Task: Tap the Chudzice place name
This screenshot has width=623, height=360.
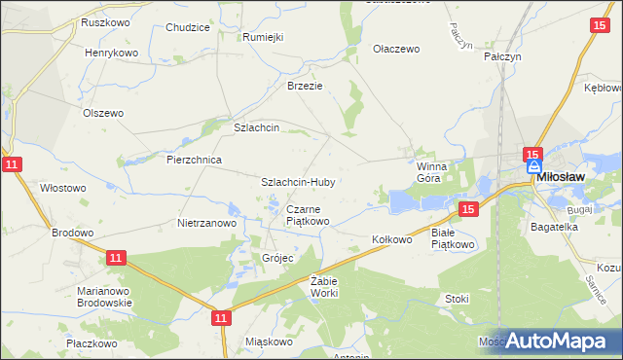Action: pyautogui.click(x=188, y=27)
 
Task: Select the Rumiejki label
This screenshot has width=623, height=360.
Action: pyautogui.click(x=262, y=37)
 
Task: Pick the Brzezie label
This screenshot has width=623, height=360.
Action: pyautogui.click(x=304, y=85)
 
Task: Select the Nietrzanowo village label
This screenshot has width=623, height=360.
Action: pyautogui.click(x=207, y=223)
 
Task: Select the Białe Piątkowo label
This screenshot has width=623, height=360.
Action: pyautogui.click(x=453, y=239)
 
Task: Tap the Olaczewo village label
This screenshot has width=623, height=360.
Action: pyautogui.click(x=396, y=49)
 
